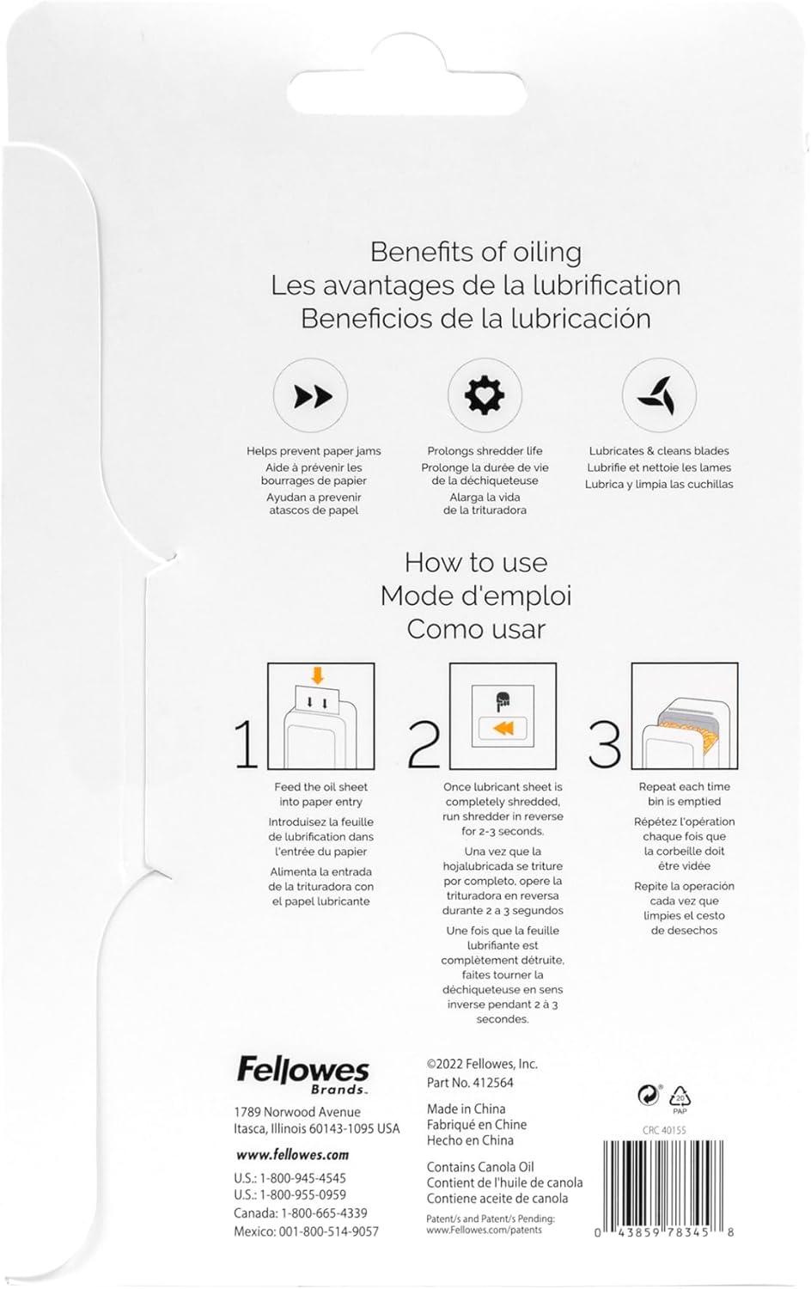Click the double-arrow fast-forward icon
(x=314, y=396)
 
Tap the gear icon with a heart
(x=485, y=395)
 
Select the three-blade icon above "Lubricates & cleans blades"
(x=659, y=395)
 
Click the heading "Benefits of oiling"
(x=476, y=252)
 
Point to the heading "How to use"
(x=476, y=562)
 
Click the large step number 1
(x=247, y=745)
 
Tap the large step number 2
(x=424, y=745)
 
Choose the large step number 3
(x=605, y=745)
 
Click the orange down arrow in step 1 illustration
(x=318, y=675)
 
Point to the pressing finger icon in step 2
(x=502, y=700)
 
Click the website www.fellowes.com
(x=292, y=1155)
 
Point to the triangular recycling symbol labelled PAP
(x=680, y=1098)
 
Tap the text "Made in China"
(x=466, y=1109)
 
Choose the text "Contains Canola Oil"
(x=480, y=1167)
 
